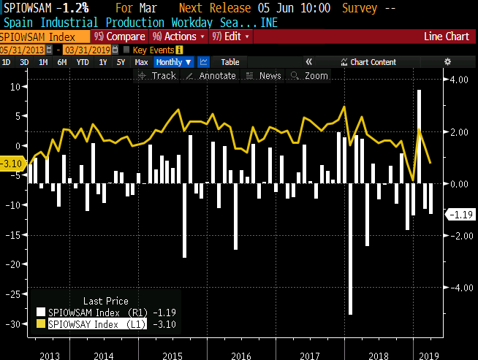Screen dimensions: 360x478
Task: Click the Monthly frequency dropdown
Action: pyautogui.click(x=174, y=62)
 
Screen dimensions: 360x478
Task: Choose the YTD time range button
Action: pyautogui.click(x=83, y=62)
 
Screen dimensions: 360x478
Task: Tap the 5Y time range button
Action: pyautogui.click(x=120, y=62)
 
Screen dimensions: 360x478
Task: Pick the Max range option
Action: pyautogui.click(x=141, y=62)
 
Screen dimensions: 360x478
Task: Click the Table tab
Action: pyautogui.click(x=229, y=62)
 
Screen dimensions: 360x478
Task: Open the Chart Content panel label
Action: pyautogui.click(x=373, y=62)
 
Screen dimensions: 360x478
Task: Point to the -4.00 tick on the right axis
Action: pyautogui.click(x=458, y=288)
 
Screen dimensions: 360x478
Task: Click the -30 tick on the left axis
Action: pyautogui.click(x=12, y=323)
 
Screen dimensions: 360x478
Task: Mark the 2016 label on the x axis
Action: pyautogui.click(x=240, y=354)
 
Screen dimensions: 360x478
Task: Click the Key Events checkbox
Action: pyautogui.click(x=126, y=50)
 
